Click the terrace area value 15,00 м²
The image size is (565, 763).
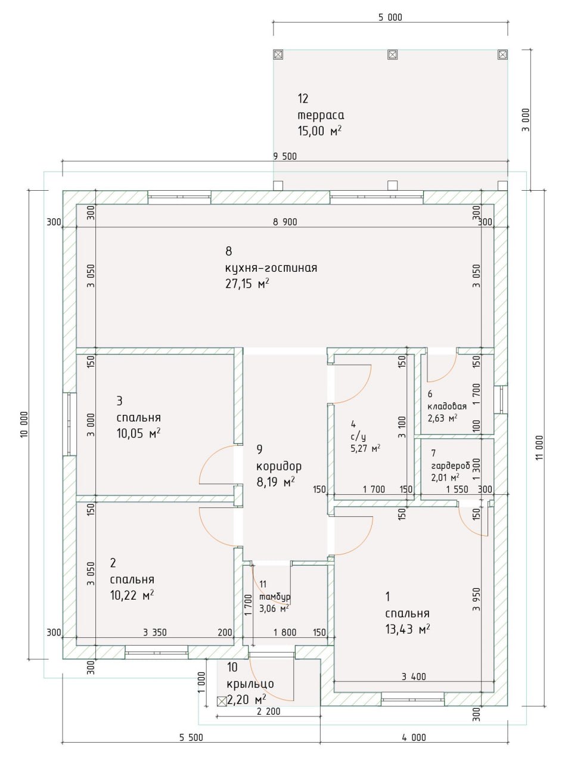point(319,131)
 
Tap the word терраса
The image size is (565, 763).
point(321,115)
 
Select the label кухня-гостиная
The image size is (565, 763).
point(271,268)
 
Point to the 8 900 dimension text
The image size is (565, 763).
point(285,222)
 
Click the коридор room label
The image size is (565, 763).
point(279,467)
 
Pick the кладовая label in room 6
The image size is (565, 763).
point(447,407)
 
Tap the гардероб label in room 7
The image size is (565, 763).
point(451,466)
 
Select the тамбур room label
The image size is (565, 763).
point(275,597)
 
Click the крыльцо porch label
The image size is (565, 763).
point(250,684)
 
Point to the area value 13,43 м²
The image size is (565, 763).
point(408,629)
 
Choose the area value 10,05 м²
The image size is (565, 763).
point(139,433)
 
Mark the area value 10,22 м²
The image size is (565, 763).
point(132,595)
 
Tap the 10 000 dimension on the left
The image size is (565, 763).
point(24,424)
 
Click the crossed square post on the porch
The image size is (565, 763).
point(222,701)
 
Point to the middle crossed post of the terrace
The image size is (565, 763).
point(393,54)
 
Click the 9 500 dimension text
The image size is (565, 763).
point(285,157)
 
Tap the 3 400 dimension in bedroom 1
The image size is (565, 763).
point(414,677)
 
